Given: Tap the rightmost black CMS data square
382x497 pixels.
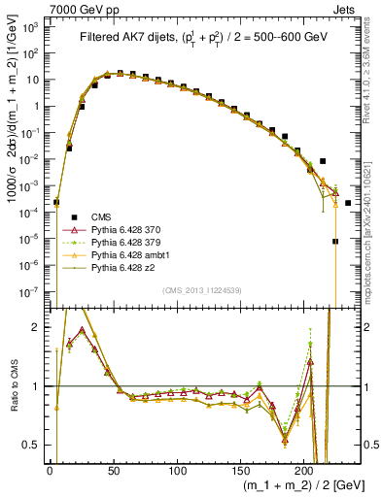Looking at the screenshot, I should (347, 203).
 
